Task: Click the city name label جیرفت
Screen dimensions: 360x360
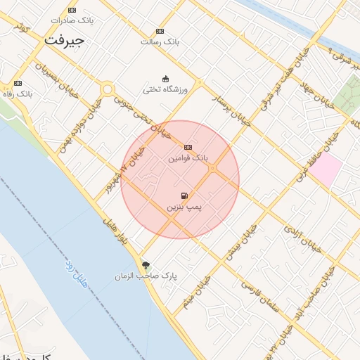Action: pos(64,40)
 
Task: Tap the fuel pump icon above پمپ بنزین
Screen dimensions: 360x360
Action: pos(184,196)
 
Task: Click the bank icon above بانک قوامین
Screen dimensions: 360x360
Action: pos(188,148)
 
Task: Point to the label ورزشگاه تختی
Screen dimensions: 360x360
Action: pos(166,90)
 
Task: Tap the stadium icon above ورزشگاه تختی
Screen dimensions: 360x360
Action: pos(165,79)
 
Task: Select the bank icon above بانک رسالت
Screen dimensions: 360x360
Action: pos(160,32)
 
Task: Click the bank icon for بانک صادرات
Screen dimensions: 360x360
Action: pos(72,10)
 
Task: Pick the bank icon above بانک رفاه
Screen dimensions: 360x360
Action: pos(18,83)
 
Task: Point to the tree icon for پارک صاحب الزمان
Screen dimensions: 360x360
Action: pos(146,265)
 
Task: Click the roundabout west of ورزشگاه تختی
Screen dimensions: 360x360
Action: pos(108,89)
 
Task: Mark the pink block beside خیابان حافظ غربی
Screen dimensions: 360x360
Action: pos(326,171)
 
